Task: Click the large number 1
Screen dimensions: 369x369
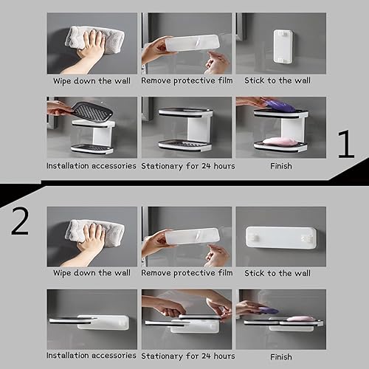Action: (345, 145)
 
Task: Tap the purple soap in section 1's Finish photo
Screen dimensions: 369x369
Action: (280, 106)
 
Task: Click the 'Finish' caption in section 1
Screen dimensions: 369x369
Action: (280, 166)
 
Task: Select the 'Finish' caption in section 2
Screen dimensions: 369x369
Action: (280, 357)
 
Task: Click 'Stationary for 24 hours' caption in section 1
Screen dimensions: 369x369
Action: (187, 166)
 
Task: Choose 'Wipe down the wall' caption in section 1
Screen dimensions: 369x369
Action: (92, 80)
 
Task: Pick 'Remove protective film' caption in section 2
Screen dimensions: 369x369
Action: (187, 273)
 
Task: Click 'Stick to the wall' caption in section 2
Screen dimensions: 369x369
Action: (280, 273)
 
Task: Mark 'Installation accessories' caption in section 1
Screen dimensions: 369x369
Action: (92, 166)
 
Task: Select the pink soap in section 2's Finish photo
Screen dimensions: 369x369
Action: (300, 319)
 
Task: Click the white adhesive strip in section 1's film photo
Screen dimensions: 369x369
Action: (191, 42)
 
